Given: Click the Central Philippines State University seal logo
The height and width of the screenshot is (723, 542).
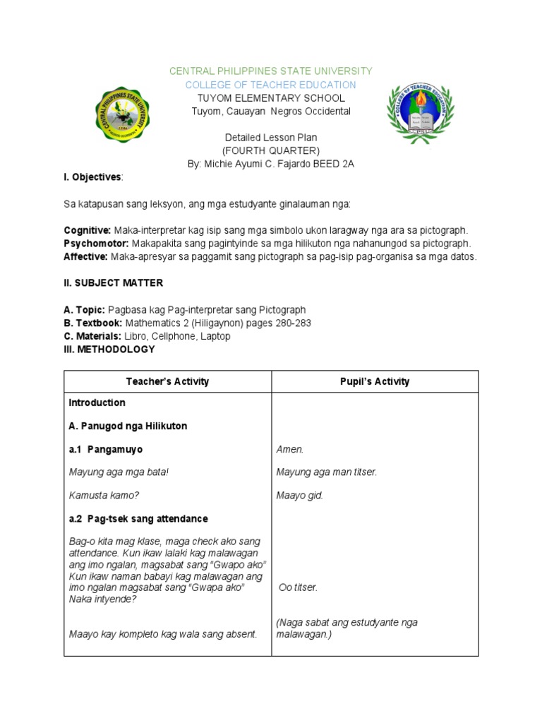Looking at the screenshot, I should (123, 114).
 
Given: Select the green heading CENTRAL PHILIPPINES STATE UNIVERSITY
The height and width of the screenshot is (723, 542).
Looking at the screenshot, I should (271, 71).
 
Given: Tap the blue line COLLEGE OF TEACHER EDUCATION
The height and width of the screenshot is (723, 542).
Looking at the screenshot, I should (271, 85).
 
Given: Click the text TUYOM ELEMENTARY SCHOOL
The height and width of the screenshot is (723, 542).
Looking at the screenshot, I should (271, 98).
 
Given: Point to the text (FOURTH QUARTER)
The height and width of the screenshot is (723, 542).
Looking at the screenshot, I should (271, 150).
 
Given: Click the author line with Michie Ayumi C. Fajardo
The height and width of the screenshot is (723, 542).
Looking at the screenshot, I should (271, 164).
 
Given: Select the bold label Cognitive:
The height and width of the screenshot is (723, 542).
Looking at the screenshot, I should (88, 231).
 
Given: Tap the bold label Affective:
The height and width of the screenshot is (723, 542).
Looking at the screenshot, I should (85, 257).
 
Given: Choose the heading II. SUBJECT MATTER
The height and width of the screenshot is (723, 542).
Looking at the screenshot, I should (114, 283).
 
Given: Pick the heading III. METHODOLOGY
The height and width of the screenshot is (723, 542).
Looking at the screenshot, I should (109, 349).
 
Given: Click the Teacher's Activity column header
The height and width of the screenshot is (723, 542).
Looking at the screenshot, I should (168, 381).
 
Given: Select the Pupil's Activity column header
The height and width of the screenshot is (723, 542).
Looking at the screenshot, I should (375, 381).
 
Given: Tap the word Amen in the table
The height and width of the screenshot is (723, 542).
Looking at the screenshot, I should (289, 449).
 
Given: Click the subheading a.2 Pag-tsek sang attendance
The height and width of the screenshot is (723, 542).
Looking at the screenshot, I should (138, 519).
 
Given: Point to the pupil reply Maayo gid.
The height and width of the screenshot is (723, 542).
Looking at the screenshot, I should (299, 496).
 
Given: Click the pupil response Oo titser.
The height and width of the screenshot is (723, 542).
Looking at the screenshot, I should (298, 587).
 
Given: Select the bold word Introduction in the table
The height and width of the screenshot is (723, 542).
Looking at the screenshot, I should (97, 402).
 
